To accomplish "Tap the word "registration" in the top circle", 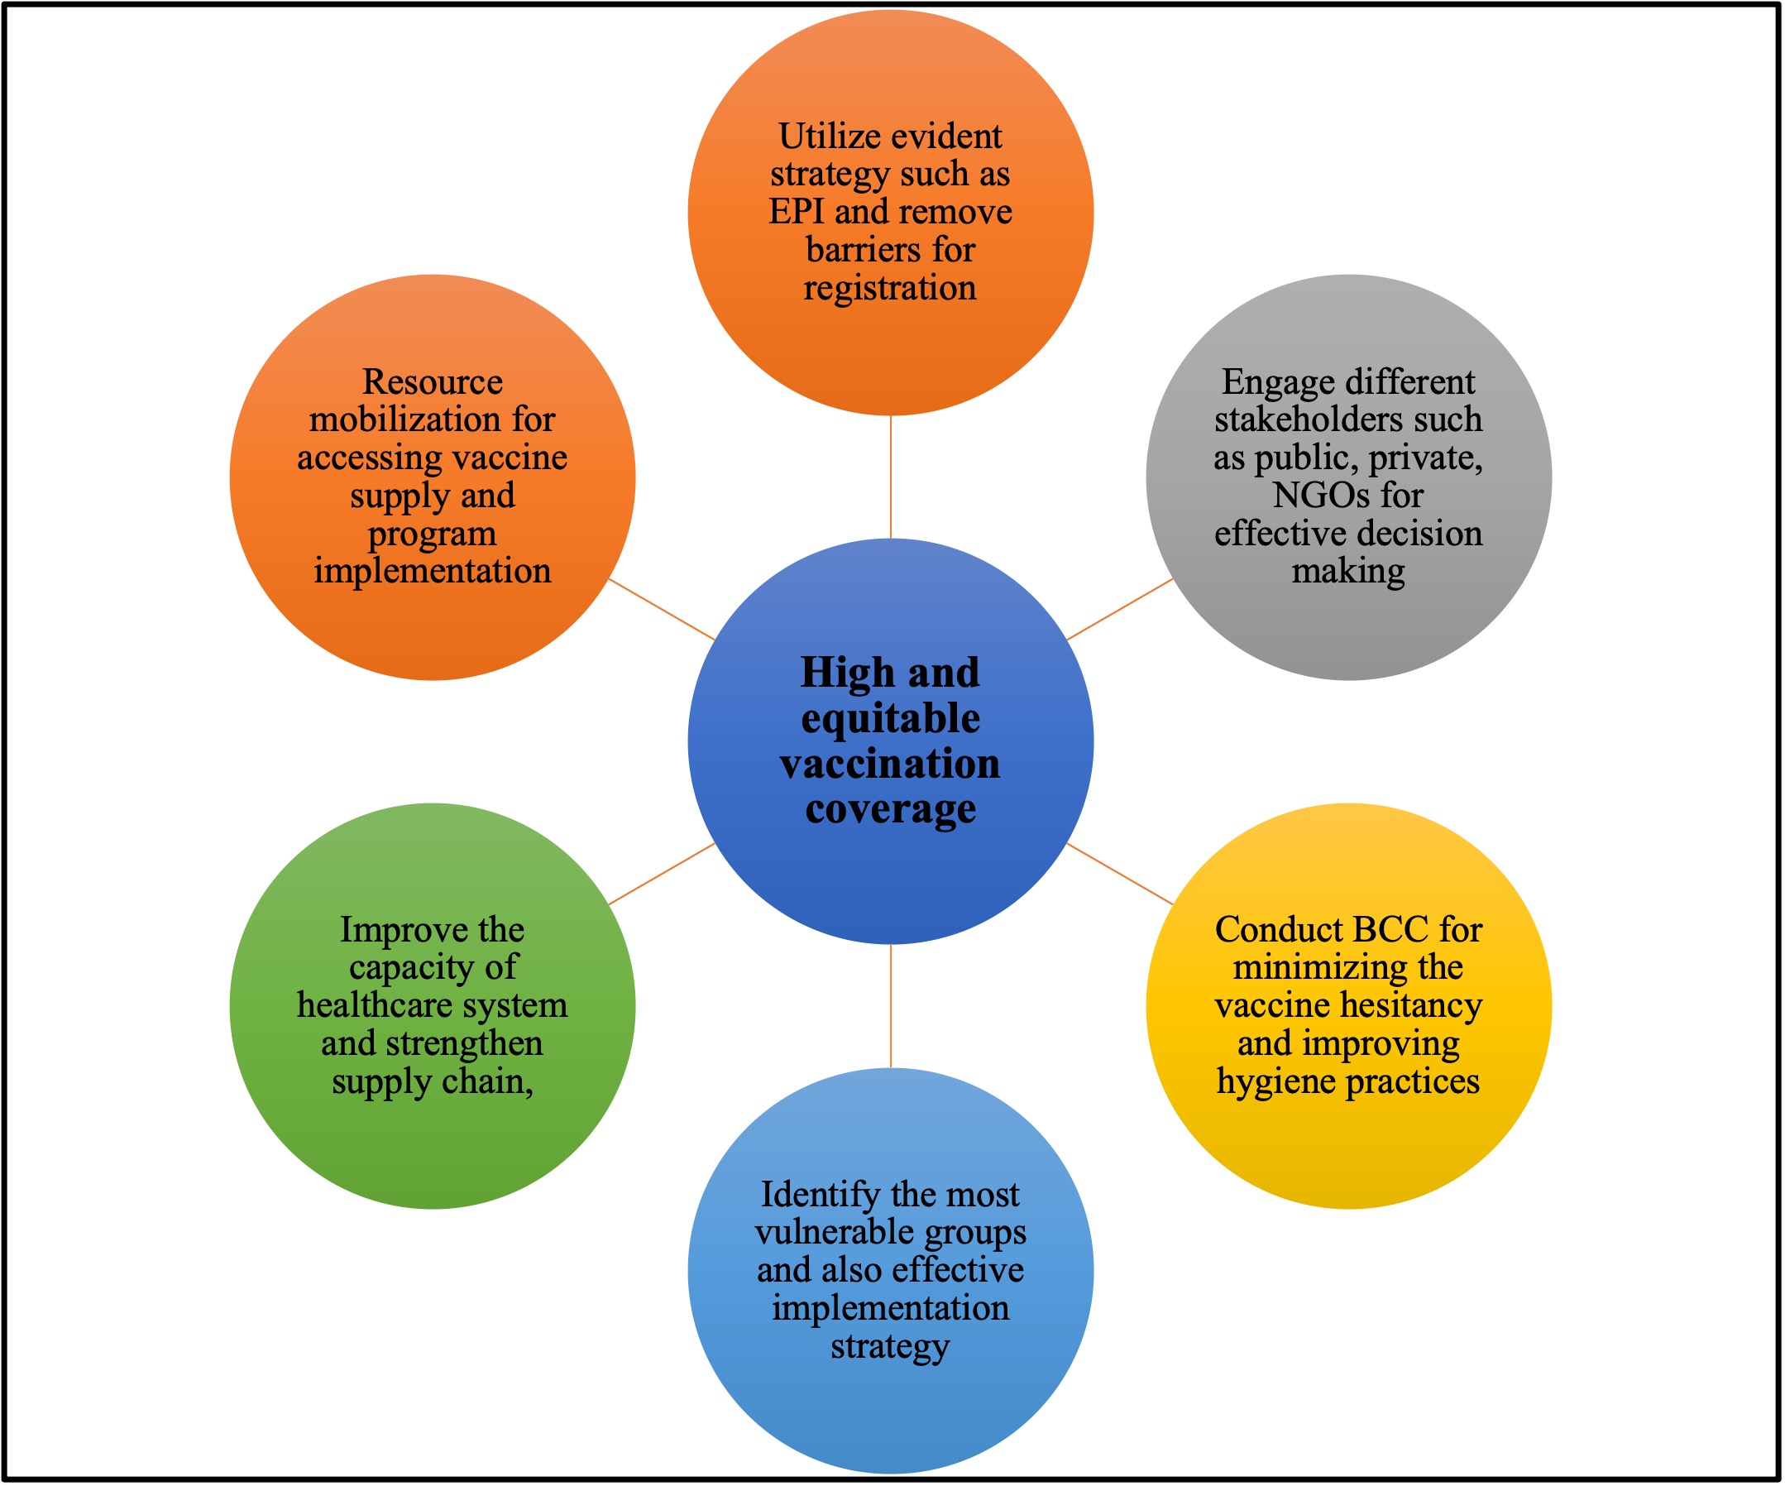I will point(890,288).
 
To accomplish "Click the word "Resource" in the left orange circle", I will point(433,381).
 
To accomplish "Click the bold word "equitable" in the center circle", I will point(890,719).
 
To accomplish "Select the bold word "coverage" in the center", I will point(890,809).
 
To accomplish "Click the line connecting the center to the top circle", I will point(891,477).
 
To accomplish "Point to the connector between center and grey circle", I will point(1119,609).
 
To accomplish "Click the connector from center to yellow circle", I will point(1119,873).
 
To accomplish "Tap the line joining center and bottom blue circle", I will point(891,1005).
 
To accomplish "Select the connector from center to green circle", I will point(661,873).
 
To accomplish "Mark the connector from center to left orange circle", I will point(661,609).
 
